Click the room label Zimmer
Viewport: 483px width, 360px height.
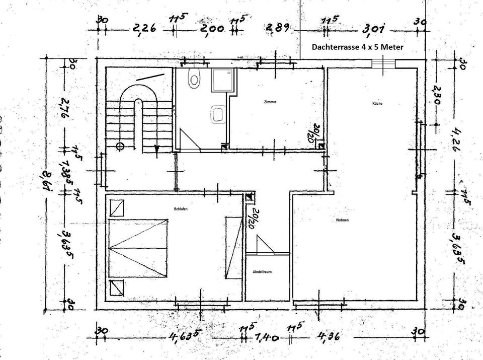(270, 102)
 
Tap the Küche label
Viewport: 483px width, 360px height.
(378, 103)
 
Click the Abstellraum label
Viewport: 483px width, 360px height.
(263, 272)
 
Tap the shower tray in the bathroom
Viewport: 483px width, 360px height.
(221, 80)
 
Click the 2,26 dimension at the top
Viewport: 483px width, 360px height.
(143, 29)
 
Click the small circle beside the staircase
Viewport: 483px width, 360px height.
(120, 147)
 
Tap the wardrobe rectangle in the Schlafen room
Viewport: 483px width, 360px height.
(233, 247)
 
